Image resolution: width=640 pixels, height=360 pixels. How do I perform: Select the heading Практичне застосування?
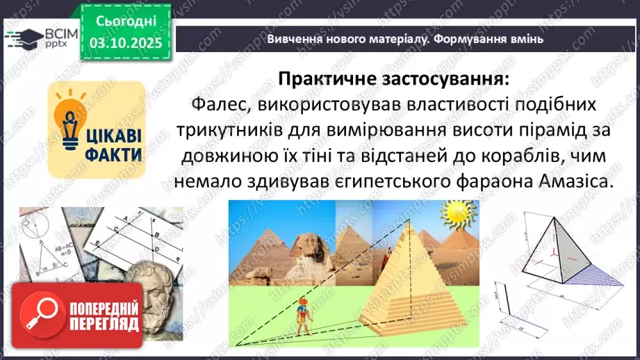(393, 79)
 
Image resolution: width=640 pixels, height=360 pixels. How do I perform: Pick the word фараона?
(505, 181)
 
